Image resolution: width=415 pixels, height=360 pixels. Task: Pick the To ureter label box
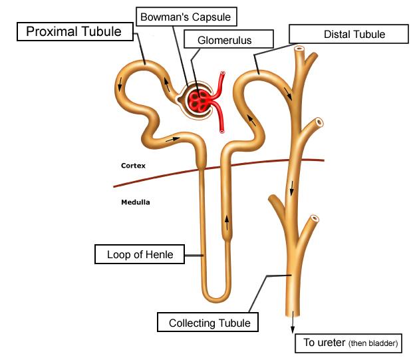350,343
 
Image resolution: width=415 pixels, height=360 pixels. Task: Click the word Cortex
133,165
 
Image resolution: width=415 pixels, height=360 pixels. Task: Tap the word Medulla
135,202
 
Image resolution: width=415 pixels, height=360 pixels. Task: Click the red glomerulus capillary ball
198,100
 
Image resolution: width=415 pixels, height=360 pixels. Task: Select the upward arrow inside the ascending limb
228,220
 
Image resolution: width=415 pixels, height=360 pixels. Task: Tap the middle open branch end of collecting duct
319,122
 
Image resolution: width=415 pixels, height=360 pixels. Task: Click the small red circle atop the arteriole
223,75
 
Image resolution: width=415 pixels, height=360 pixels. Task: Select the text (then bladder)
373,344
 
